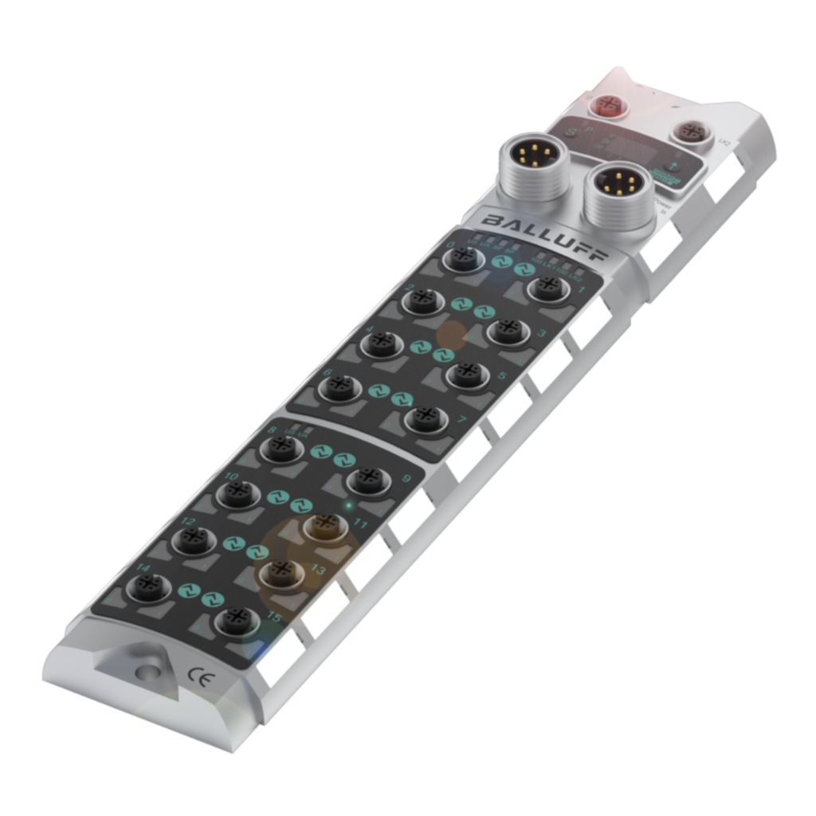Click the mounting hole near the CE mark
(147, 672)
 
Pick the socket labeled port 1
(548, 288)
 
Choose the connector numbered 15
(237, 619)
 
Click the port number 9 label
(406, 479)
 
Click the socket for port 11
(324, 525)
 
